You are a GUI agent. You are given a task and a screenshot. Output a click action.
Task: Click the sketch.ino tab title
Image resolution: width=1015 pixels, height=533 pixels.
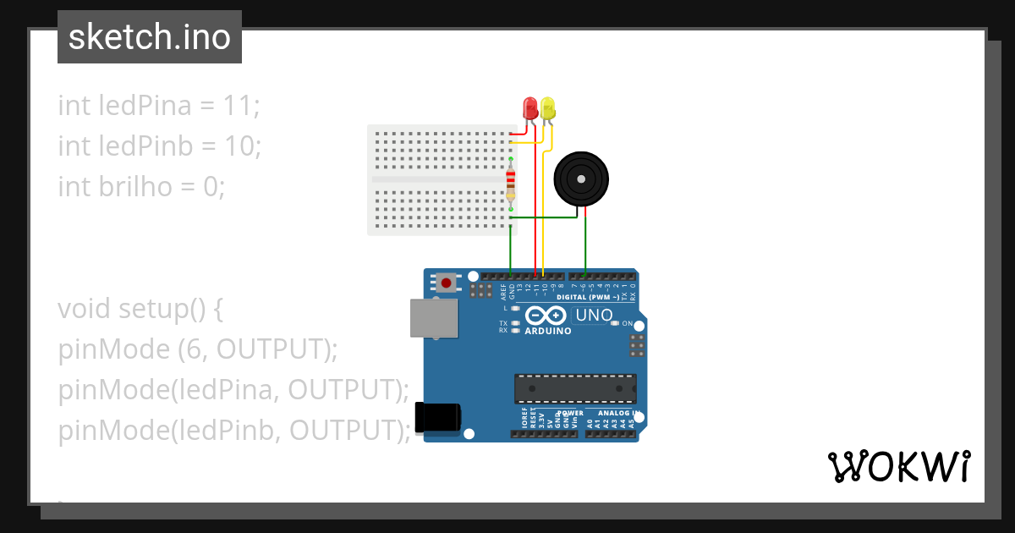click(149, 37)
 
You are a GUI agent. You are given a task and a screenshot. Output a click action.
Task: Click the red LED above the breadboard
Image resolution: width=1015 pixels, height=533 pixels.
click(530, 107)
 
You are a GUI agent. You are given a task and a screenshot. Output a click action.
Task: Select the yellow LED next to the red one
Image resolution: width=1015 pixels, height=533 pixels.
click(547, 107)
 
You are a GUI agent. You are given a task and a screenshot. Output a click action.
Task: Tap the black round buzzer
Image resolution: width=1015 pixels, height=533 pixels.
click(580, 179)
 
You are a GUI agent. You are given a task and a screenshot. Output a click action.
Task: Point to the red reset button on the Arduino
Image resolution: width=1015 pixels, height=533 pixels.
click(446, 282)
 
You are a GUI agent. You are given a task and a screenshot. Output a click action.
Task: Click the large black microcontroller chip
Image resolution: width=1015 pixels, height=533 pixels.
click(575, 388)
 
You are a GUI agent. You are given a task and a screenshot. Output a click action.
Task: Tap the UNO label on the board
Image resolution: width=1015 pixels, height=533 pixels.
click(594, 316)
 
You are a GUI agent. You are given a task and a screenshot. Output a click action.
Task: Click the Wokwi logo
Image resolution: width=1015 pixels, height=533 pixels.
click(898, 466)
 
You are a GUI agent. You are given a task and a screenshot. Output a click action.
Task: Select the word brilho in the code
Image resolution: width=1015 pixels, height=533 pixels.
click(135, 186)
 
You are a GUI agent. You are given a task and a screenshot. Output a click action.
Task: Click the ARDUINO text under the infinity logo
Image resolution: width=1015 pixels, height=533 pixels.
click(547, 331)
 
